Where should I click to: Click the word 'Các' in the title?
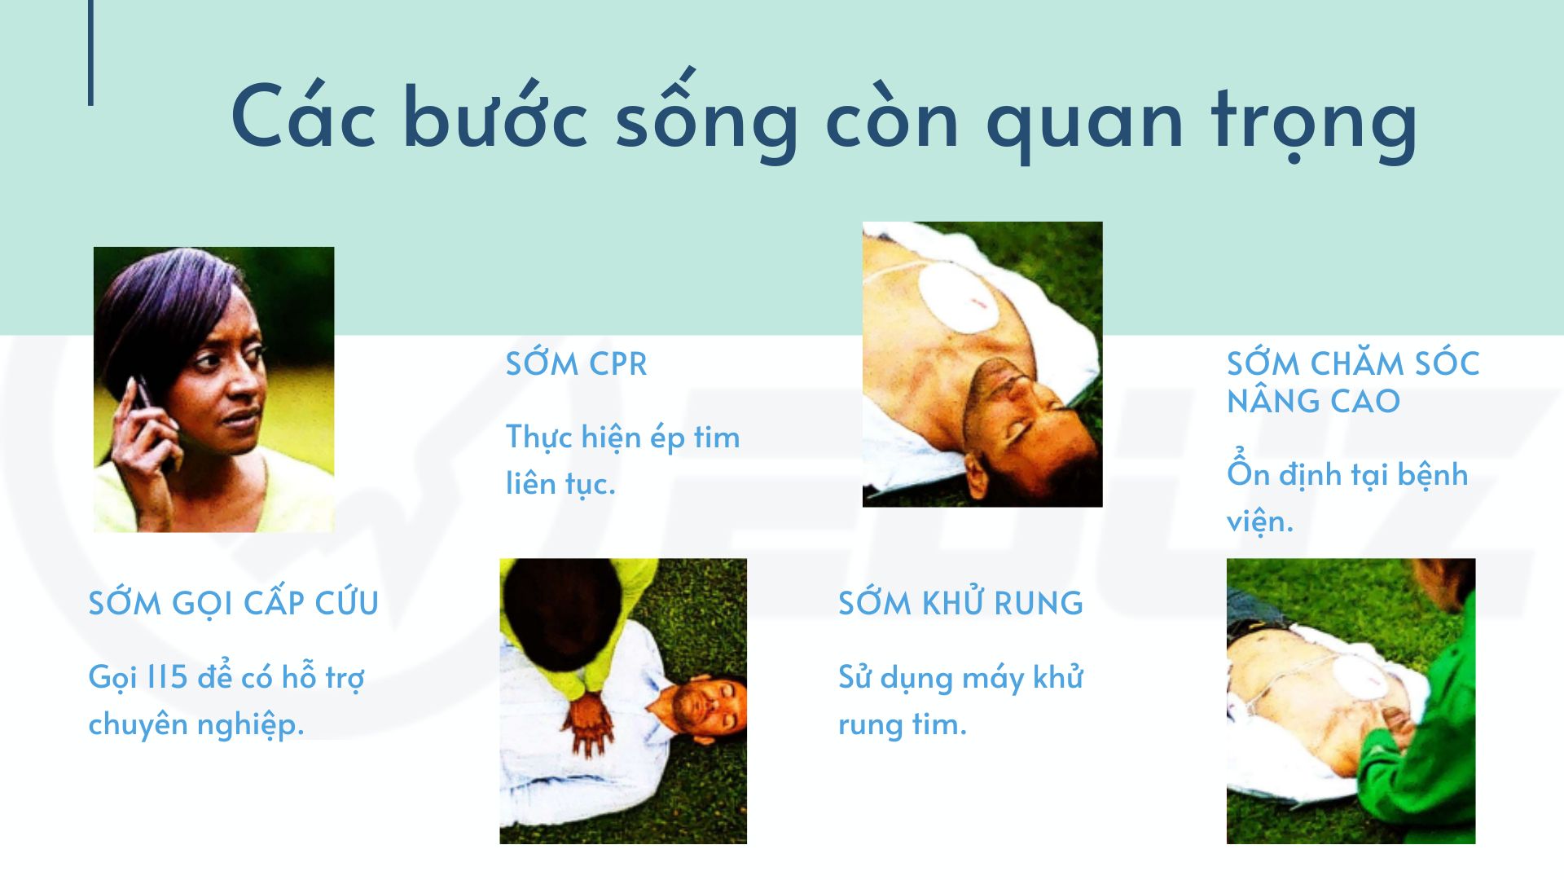(303, 115)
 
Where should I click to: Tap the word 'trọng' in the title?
(1314, 121)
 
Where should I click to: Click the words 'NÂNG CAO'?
(1313, 401)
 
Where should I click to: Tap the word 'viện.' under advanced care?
(1259, 520)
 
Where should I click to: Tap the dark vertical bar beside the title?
(90, 53)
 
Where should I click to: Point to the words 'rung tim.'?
(903, 724)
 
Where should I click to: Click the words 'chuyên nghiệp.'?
(196, 724)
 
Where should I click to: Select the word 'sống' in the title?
(706, 115)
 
